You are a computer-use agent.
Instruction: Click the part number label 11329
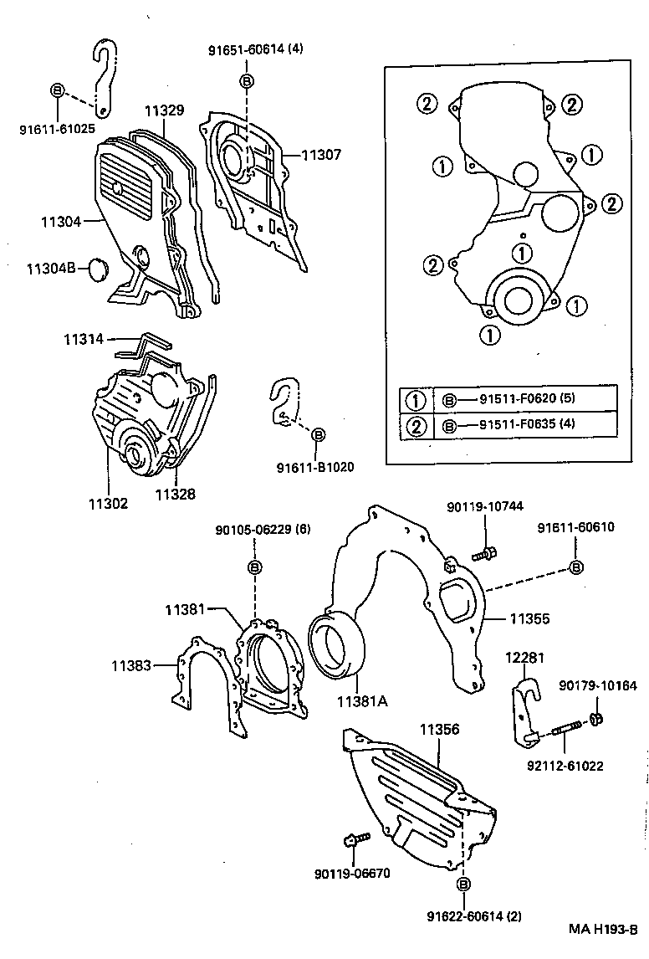[164, 110]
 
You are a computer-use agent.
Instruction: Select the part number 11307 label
[321, 154]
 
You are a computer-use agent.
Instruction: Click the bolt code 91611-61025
[57, 130]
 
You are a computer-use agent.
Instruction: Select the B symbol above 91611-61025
[57, 90]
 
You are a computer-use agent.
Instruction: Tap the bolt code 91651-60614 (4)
[255, 49]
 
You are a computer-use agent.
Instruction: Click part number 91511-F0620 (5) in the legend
[526, 398]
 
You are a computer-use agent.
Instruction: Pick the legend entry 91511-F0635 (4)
[526, 425]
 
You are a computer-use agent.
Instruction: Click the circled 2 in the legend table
[416, 426]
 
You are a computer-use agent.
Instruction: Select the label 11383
[131, 665]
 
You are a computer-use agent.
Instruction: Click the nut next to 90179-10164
[596, 718]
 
